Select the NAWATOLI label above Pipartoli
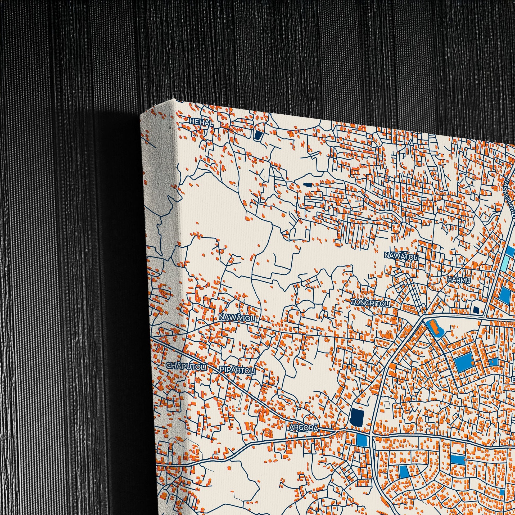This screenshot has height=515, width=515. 237,318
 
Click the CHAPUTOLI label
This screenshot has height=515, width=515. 186,367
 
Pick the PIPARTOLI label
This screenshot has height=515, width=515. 237,370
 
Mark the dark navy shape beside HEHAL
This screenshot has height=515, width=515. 258,135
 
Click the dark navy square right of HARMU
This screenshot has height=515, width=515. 476,309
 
